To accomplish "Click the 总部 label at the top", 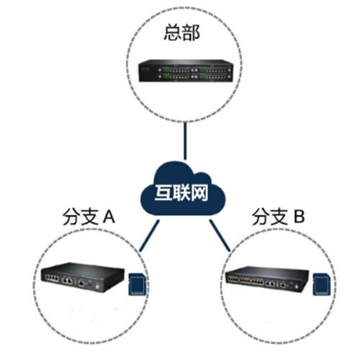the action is (x=181, y=33).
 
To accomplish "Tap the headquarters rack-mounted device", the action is (x=186, y=71).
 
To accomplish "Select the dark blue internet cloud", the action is (x=183, y=189).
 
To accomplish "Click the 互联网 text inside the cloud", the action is (x=181, y=193).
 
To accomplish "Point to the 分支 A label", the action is (x=89, y=217).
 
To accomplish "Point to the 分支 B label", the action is (x=279, y=217).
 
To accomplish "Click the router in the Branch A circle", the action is (x=82, y=277).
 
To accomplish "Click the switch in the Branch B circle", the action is (x=267, y=279).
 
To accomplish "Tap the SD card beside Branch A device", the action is (x=137, y=284).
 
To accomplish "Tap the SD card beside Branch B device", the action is (x=322, y=284).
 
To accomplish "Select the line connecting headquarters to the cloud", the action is (x=185, y=141).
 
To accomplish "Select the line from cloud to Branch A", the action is (x=149, y=236).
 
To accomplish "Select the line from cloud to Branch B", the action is (x=220, y=235).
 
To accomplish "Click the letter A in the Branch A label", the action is (x=109, y=217).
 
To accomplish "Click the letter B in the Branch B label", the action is (x=300, y=217).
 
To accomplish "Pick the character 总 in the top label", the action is (x=173, y=33).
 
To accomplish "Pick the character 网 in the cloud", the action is (x=199, y=193).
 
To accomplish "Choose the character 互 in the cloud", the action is (x=163, y=193).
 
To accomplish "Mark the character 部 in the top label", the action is (x=191, y=33).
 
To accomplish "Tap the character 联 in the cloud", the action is (x=181, y=193).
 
